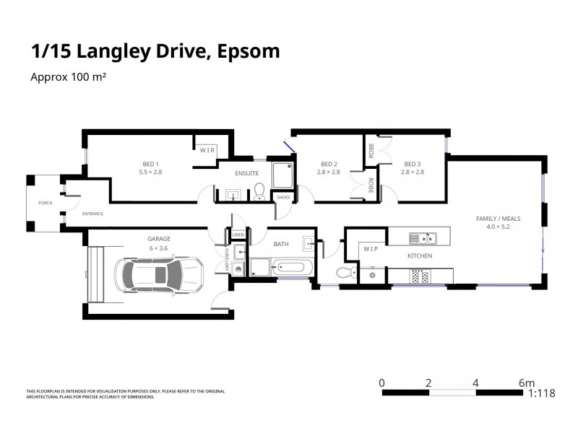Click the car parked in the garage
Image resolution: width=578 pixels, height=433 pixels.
(159, 274)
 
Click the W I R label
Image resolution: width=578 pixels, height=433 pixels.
(207, 150)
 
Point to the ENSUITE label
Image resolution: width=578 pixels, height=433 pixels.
(246, 173)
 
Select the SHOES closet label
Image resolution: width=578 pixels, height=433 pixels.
(282, 197)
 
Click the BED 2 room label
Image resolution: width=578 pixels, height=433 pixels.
(329, 163)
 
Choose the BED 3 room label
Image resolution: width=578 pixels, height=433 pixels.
(413, 163)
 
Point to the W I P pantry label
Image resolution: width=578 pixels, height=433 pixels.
(371, 249)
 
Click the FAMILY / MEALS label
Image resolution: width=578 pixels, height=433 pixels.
(498, 218)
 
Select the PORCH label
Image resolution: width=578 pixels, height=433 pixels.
(45, 203)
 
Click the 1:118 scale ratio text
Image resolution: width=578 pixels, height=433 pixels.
(542, 393)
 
